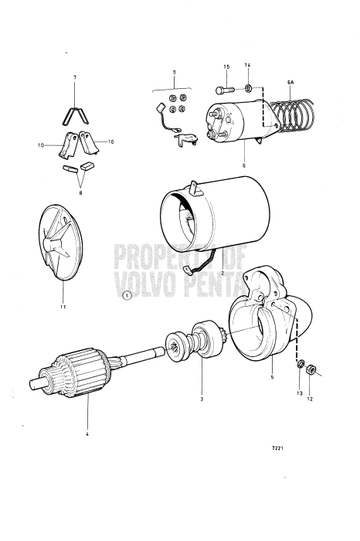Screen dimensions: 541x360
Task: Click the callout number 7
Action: [75, 78]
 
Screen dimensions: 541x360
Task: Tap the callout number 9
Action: [174, 71]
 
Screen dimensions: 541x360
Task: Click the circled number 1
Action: [127, 294]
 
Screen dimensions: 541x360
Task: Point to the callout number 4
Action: [87, 434]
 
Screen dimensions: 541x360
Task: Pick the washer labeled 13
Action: [298, 364]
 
